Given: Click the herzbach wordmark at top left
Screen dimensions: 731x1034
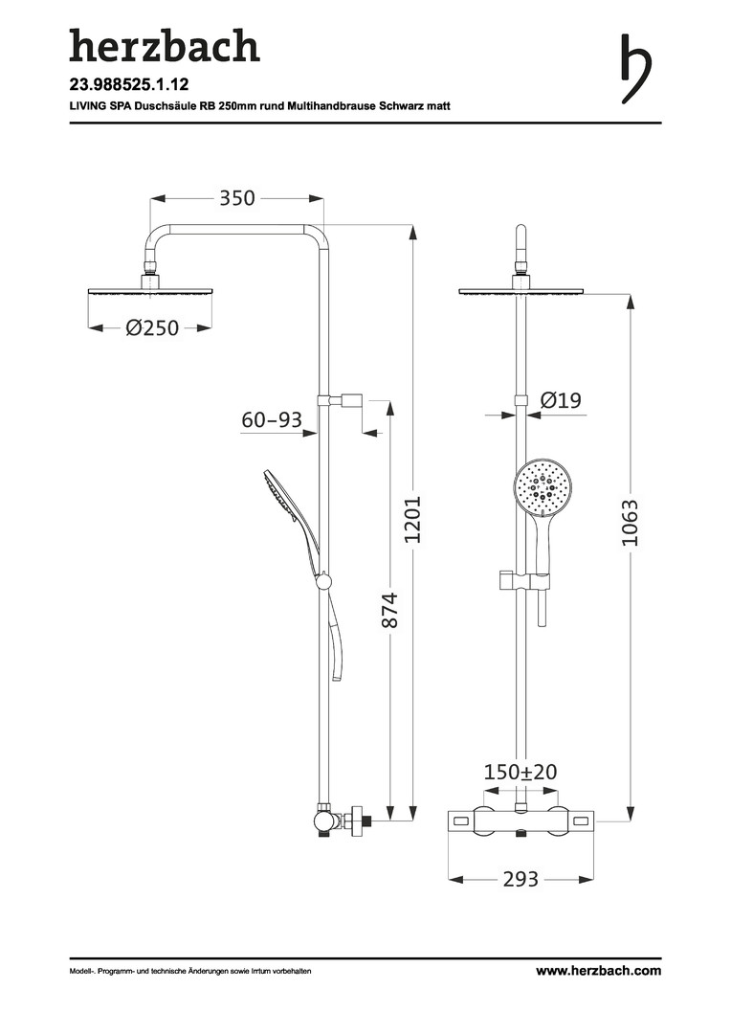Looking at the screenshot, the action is [x=165, y=46].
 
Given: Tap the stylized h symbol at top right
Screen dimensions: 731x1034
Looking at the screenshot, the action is [x=635, y=69].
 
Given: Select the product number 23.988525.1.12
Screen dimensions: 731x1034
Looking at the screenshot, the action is [x=129, y=84].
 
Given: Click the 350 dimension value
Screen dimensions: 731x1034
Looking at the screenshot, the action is [x=237, y=198].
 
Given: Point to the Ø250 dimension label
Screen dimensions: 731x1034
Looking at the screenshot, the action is [x=152, y=327].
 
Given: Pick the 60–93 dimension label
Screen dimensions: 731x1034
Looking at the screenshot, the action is [x=272, y=420].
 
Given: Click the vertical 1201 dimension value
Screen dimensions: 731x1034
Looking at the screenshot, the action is [x=412, y=520].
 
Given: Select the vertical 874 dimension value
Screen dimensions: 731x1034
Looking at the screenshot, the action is [x=390, y=610].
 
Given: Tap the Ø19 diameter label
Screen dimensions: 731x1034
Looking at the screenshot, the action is [x=561, y=400].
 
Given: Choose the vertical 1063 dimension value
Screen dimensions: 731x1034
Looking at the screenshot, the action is [x=631, y=523].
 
